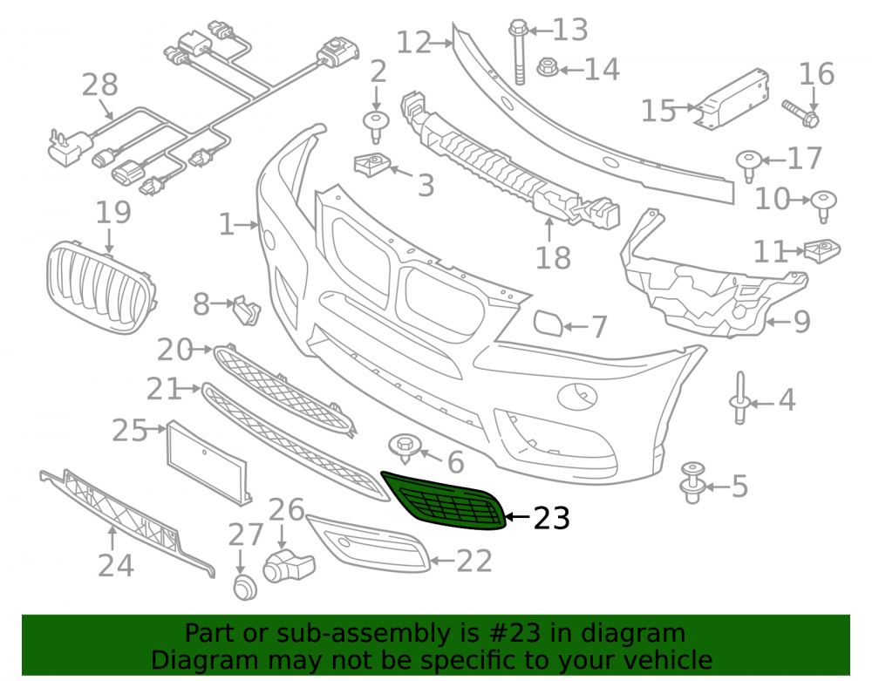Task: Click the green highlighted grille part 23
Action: click(x=445, y=501)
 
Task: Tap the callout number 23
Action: click(x=551, y=518)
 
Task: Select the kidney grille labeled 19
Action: click(x=101, y=287)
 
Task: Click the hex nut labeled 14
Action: click(x=547, y=68)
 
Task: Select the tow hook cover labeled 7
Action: click(x=548, y=324)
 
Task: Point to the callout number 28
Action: click(x=100, y=85)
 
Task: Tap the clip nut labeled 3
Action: click(x=371, y=165)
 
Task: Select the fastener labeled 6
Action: click(x=405, y=447)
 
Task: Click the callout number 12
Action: click(x=413, y=42)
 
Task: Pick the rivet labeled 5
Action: click(x=693, y=482)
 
